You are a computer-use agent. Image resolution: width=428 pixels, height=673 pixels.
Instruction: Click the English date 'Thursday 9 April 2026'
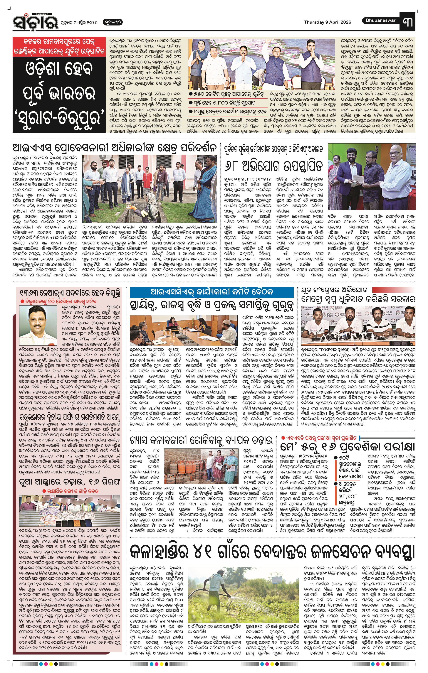[x=327, y=22]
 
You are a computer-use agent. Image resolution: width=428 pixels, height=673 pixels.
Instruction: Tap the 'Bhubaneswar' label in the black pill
[x=380, y=20]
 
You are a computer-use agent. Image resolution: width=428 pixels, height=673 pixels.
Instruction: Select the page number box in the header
[x=408, y=22]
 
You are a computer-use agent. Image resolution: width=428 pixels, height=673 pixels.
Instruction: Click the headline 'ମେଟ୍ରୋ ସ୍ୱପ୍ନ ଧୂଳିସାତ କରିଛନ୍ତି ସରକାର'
[x=358, y=299]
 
